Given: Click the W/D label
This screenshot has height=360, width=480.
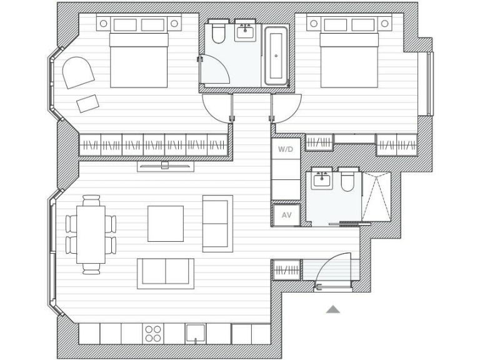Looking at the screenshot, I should (x=285, y=150).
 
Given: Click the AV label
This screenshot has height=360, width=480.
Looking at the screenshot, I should (x=286, y=215).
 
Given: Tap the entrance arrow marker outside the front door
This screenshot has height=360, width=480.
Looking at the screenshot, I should (x=332, y=309).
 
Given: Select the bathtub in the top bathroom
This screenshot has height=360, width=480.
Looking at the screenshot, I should (x=276, y=56).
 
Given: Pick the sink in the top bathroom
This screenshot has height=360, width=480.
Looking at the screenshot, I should (x=246, y=32).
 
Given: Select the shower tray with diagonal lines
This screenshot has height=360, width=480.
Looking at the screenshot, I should (x=376, y=197).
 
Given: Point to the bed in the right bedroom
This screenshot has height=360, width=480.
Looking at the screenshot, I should (x=349, y=59).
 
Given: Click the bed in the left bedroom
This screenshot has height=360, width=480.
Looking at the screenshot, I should (x=139, y=59).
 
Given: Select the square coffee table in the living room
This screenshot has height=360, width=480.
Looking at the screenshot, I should (x=166, y=223).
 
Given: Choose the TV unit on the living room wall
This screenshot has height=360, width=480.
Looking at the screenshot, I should (x=166, y=166).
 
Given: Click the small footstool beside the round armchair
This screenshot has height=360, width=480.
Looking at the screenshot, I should (x=88, y=103).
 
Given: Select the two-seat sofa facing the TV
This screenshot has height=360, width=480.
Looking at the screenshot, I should (x=166, y=273).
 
